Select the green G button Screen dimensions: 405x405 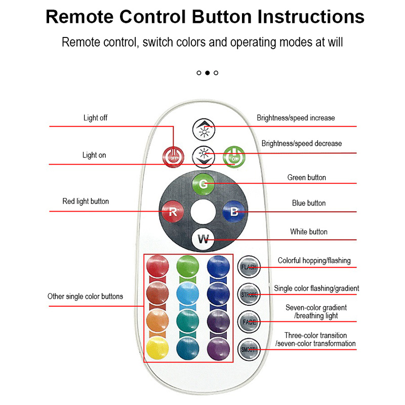tap(204, 184)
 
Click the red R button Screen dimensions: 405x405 tap(173, 212)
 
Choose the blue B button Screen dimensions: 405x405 tap(234, 212)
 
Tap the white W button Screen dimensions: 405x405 tap(204, 239)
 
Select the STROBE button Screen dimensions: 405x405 tap(249, 294)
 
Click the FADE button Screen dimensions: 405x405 tap(249, 321)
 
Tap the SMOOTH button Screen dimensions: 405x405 tap(249, 349)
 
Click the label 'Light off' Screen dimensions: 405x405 tap(95, 118)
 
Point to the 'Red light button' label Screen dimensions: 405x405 tap(86, 201)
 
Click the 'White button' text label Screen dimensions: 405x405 tap(309, 232)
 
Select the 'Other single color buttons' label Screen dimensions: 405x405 tap(85, 297)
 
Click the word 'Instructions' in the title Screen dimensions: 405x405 tap(311, 17)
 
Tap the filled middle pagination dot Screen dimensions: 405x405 tap(208, 73)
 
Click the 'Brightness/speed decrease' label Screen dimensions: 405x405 tap(302, 144)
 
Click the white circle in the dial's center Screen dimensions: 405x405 tap(204, 212)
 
